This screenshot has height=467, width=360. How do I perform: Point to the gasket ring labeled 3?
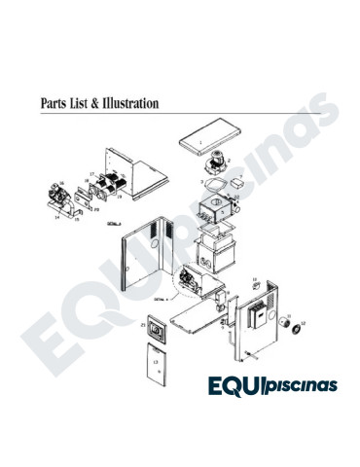pyautogui.click(x=209, y=182)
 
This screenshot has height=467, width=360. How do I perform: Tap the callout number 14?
pyautogui.click(x=56, y=217)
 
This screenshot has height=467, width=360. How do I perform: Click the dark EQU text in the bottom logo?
pyautogui.click(x=240, y=385)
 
